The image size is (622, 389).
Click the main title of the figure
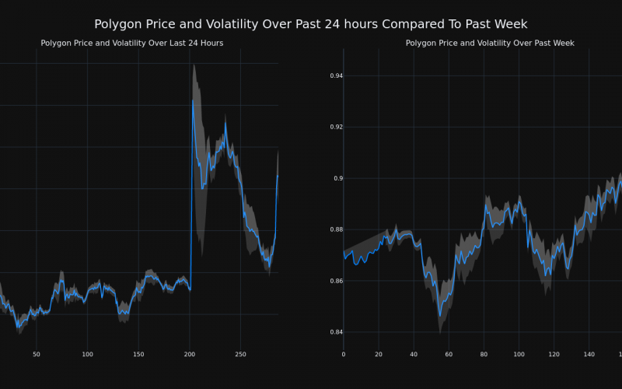(x=311, y=25)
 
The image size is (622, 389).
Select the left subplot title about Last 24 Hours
(x=131, y=44)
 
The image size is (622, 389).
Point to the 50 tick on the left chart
(x=37, y=355)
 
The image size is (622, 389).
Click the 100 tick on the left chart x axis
(x=87, y=355)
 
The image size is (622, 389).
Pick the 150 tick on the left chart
(x=138, y=355)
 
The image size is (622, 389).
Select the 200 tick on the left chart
(x=189, y=355)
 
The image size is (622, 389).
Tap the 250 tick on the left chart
(x=240, y=355)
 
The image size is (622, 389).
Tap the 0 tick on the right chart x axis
(x=344, y=355)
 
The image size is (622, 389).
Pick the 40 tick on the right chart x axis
(x=414, y=355)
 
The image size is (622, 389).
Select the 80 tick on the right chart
(x=484, y=355)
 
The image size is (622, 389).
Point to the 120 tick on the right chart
(x=554, y=355)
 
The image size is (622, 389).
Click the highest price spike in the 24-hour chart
(x=193, y=100)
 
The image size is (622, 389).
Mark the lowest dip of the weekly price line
(x=439, y=316)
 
